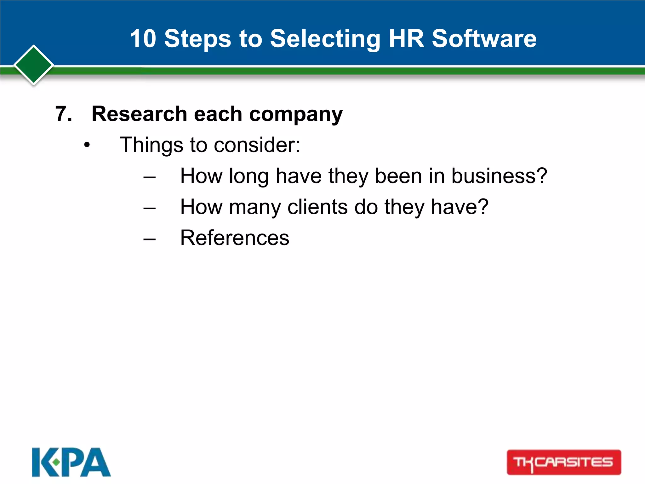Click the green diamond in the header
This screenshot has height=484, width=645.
pyautogui.click(x=34, y=65)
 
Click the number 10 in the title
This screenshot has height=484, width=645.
pyautogui.click(x=143, y=38)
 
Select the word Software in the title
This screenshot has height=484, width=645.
pyautogui.click(x=484, y=38)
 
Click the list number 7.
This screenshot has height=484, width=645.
pyautogui.click(x=63, y=114)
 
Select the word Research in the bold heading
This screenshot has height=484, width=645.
pyautogui.click(x=140, y=114)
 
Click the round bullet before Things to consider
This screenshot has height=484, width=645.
pyautogui.click(x=87, y=145)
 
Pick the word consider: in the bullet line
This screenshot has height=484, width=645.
pyautogui.click(x=257, y=145)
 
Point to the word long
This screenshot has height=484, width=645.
pyautogui.click(x=248, y=176)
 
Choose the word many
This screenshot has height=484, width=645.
pyautogui.click(x=255, y=208)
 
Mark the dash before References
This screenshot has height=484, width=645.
pyautogui.click(x=149, y=239)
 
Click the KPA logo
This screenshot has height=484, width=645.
pyautogui.click(x=71, y=462)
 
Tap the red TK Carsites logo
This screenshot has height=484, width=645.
pyautogui.click(x=564, y=462)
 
